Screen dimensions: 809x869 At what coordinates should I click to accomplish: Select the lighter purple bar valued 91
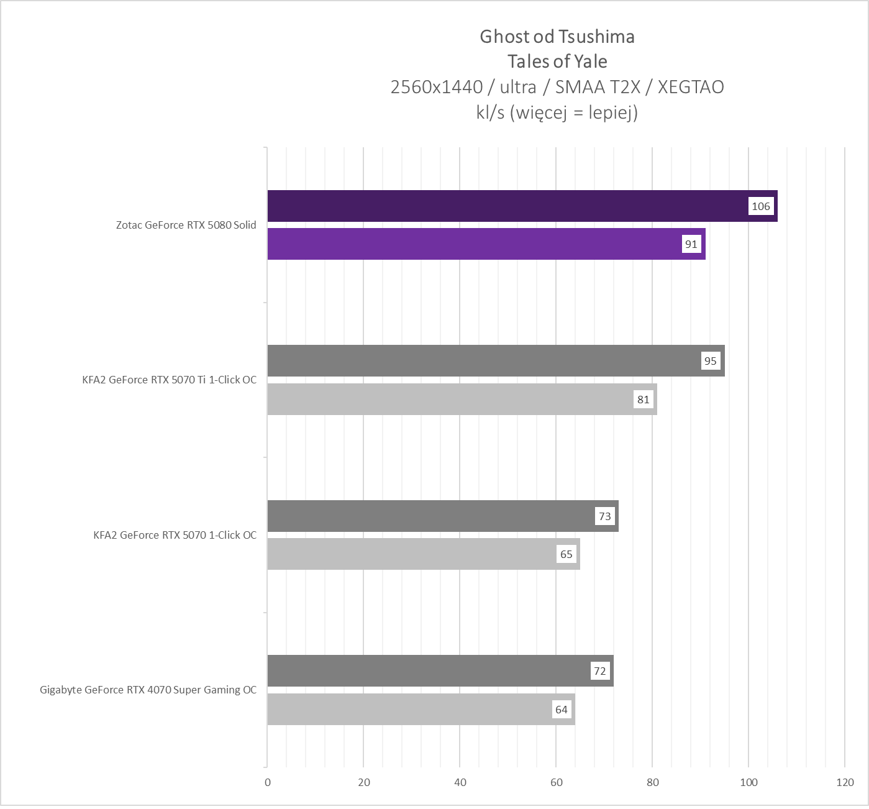point(472,244)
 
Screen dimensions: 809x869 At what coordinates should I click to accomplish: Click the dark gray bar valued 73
point(429,516)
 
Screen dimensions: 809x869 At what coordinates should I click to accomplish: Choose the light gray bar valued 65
point(410,554)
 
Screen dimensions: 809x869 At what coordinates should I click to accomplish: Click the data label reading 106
point(760,206)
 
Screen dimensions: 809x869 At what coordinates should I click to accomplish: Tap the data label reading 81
point(643,400)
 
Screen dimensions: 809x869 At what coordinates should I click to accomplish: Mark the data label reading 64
point(561,710)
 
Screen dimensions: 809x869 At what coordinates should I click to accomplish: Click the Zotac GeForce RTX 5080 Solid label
point(186,225)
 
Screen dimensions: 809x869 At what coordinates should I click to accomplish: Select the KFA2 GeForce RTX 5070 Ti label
point(169,380)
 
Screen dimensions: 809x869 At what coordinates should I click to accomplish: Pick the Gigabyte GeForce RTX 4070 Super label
point(148,690)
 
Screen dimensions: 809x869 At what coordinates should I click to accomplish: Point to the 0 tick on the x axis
point(268,782)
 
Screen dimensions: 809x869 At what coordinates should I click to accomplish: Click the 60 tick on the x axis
point(557,782)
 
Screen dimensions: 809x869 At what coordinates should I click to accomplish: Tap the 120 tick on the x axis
point(845,782)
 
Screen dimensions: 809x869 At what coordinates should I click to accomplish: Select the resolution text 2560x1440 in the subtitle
point(436,87)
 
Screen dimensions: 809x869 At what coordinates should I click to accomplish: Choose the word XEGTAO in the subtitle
point(691,87)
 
